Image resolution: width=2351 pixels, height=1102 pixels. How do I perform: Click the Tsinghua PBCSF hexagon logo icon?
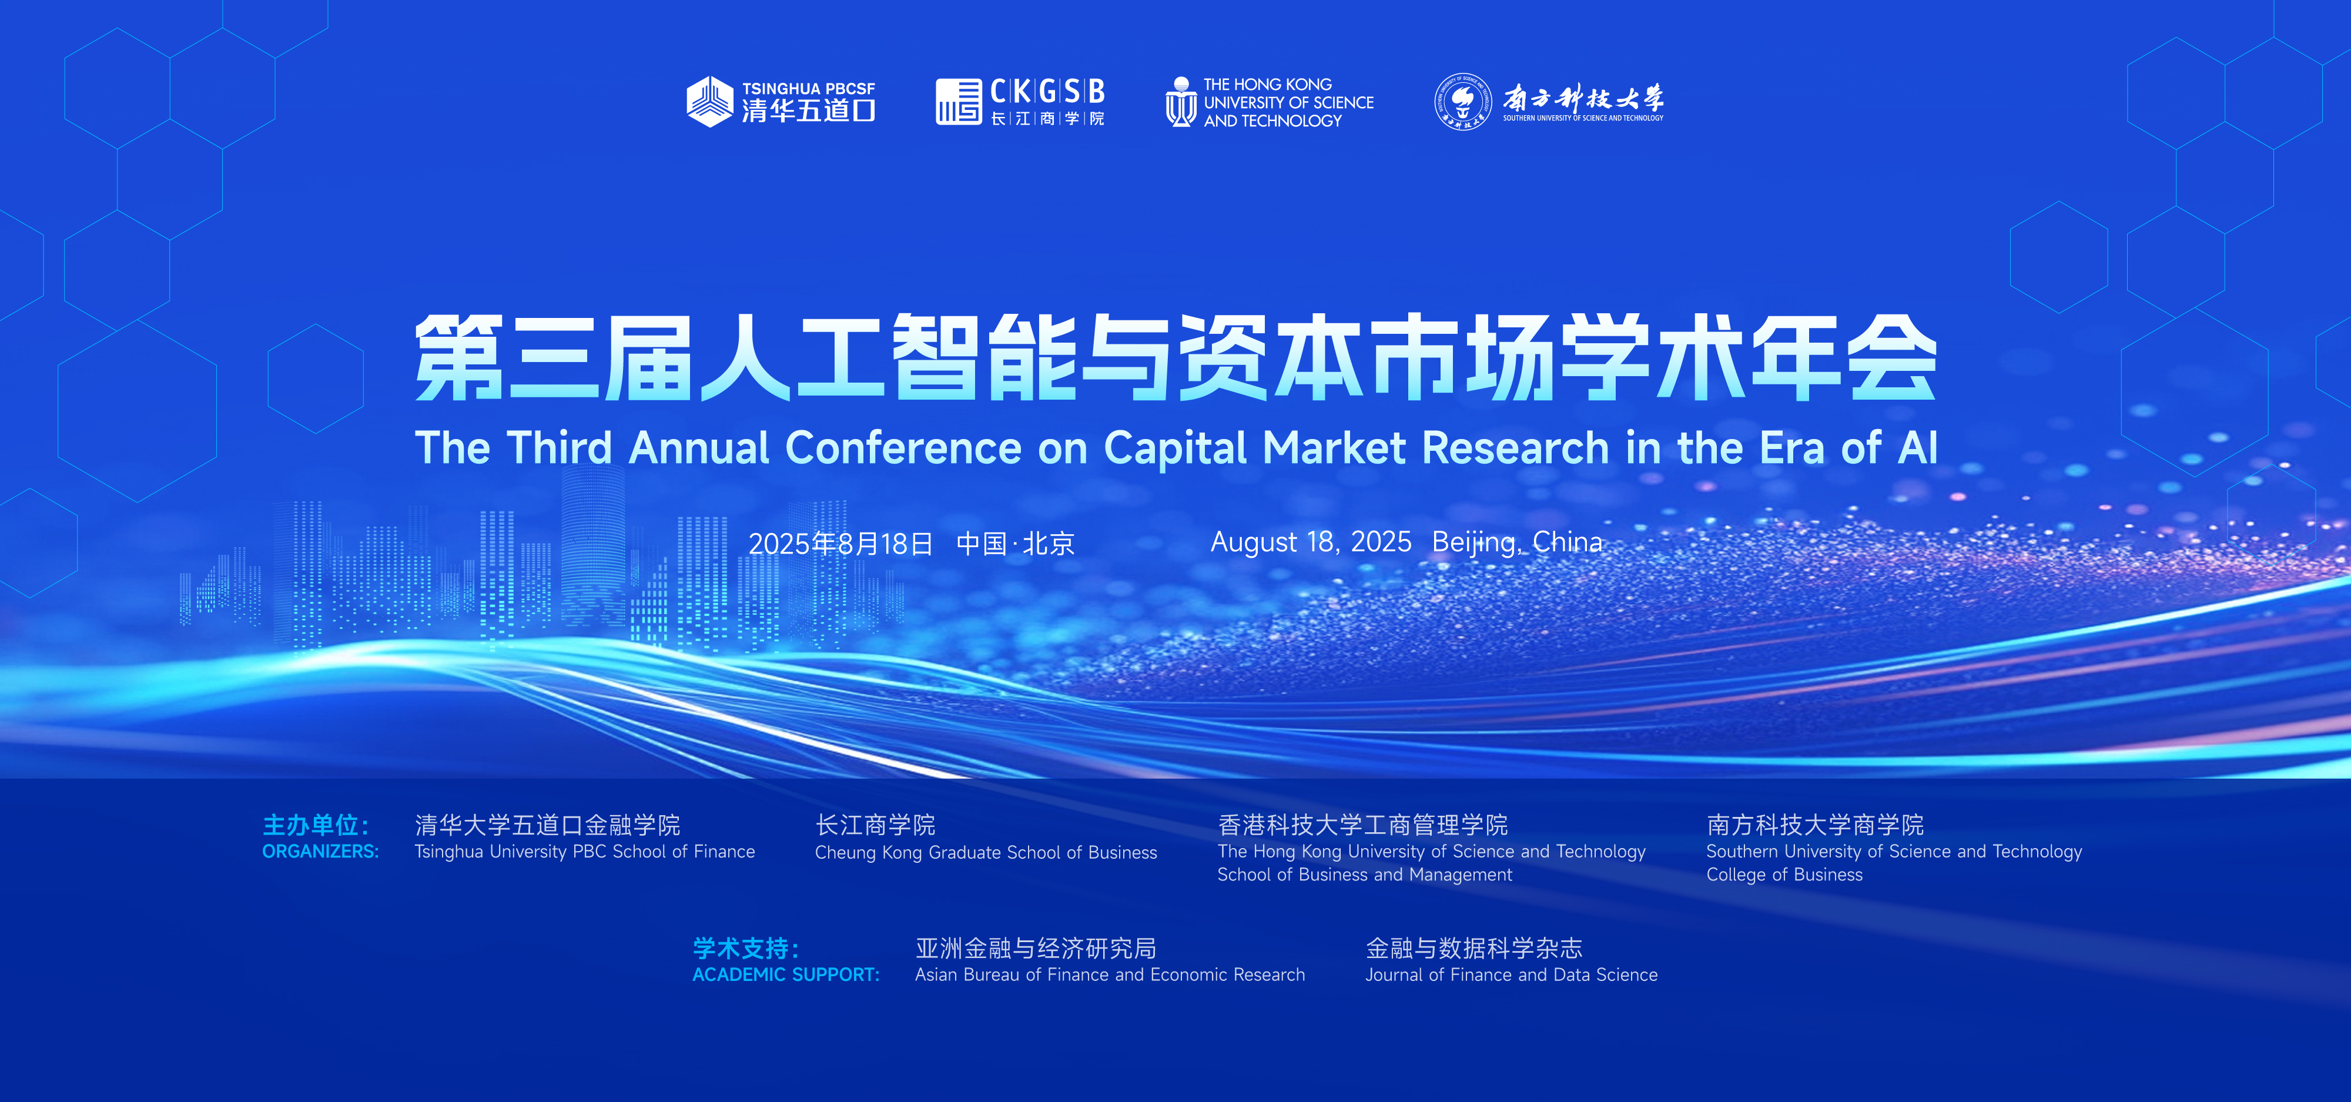(x=710, y=101)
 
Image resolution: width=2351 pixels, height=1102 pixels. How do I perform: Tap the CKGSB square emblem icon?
(x=958, y=101)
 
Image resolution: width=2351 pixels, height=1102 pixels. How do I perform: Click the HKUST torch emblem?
(x=1181, y=101)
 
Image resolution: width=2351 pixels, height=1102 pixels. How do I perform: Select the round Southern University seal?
(x=1462, y=101)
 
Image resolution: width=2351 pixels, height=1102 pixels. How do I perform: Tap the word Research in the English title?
(x=1515, y=448)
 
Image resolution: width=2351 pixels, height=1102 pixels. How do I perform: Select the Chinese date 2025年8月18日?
(x=840, y=544)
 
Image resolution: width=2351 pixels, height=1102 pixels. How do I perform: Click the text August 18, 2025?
(x=1311, y=542)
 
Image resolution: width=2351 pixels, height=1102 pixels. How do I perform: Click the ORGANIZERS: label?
(x=320, y=851)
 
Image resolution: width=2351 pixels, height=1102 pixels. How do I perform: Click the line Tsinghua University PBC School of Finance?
(x=584, y=851)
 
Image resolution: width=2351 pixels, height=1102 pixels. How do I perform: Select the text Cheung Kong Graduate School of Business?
(x=986, y=852)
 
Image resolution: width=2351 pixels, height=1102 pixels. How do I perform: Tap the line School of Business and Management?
(x=1364, y=874)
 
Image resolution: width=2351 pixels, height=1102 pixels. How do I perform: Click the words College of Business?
(x=1784, y=874)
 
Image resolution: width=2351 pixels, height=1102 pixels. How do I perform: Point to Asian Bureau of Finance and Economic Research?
(x=1110, y=974)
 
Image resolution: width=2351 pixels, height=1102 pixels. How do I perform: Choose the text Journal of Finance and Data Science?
(x=1511, y=974)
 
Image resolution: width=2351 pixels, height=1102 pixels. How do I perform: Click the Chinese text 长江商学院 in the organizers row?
(x=875, y=825)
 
